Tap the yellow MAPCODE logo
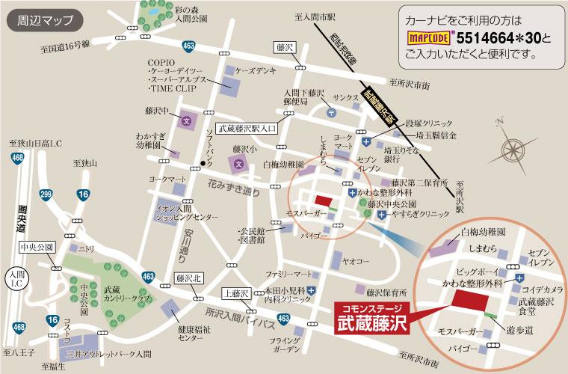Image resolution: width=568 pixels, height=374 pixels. coord(430,35)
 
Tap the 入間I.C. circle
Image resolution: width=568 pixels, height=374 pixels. coord(16,280)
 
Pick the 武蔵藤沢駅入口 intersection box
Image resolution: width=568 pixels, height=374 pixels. coord(247,128)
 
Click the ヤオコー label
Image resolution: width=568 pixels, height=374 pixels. coord(356,261)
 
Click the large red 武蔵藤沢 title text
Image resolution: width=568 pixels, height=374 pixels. coord(370,324)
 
